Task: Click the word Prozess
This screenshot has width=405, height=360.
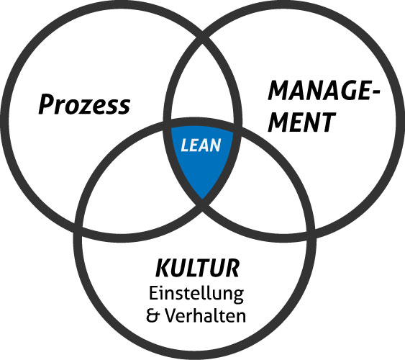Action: point(84,104)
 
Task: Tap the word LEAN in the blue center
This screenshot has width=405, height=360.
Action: point(201,145)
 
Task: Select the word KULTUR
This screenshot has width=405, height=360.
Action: point(197,269)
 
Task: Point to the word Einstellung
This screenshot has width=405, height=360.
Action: point(196,294)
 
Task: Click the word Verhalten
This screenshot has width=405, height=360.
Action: point(205,315)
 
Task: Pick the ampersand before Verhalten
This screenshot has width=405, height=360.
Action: point(153,315)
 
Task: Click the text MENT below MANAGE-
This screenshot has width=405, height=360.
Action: point(301,122)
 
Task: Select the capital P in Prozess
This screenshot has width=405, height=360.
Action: point(47,104)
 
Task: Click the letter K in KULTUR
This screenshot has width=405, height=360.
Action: point(163,269)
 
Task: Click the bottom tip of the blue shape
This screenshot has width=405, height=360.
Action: point(202,199)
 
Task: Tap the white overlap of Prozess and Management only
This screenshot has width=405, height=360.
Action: point(203,85)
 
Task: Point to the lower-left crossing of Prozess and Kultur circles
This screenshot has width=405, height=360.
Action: point(78,231)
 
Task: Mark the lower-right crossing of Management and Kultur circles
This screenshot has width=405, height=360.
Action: point(311,231)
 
